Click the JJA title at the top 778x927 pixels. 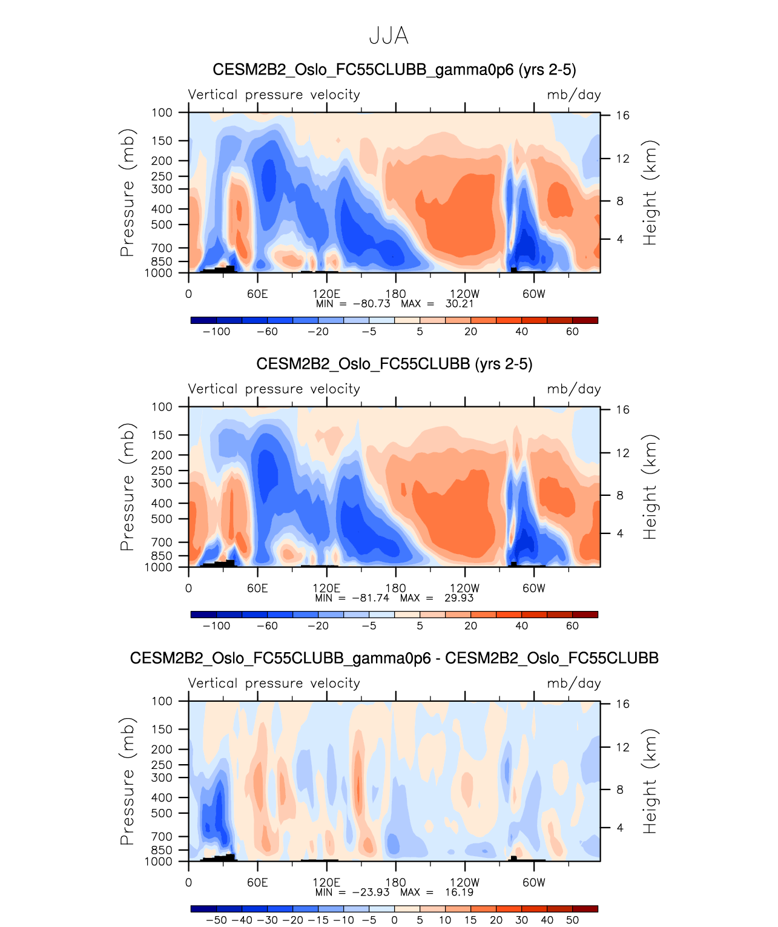click(x=389, y=36)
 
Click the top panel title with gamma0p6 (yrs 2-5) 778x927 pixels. click(x=394, y=70)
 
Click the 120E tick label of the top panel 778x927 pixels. click(x=326, y=294)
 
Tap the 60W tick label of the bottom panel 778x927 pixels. click(x=533, y=883)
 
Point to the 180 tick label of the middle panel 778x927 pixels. click(x=396, y=589)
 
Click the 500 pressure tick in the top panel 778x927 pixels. click(x=162, y=225)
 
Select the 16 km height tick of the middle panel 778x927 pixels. click(x=622, y=410)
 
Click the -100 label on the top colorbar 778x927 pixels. click(x=216, y=332)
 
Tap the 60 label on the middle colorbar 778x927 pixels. click(x=572, y=626)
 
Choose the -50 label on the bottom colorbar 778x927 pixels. click(x=216, y=920)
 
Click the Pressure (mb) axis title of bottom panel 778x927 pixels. click(x=127, y=781)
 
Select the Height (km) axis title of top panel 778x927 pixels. click(x=650, y=193)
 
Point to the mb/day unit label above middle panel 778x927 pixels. click(x=573, y=389)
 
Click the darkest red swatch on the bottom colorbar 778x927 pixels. click(x=585, y=909)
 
